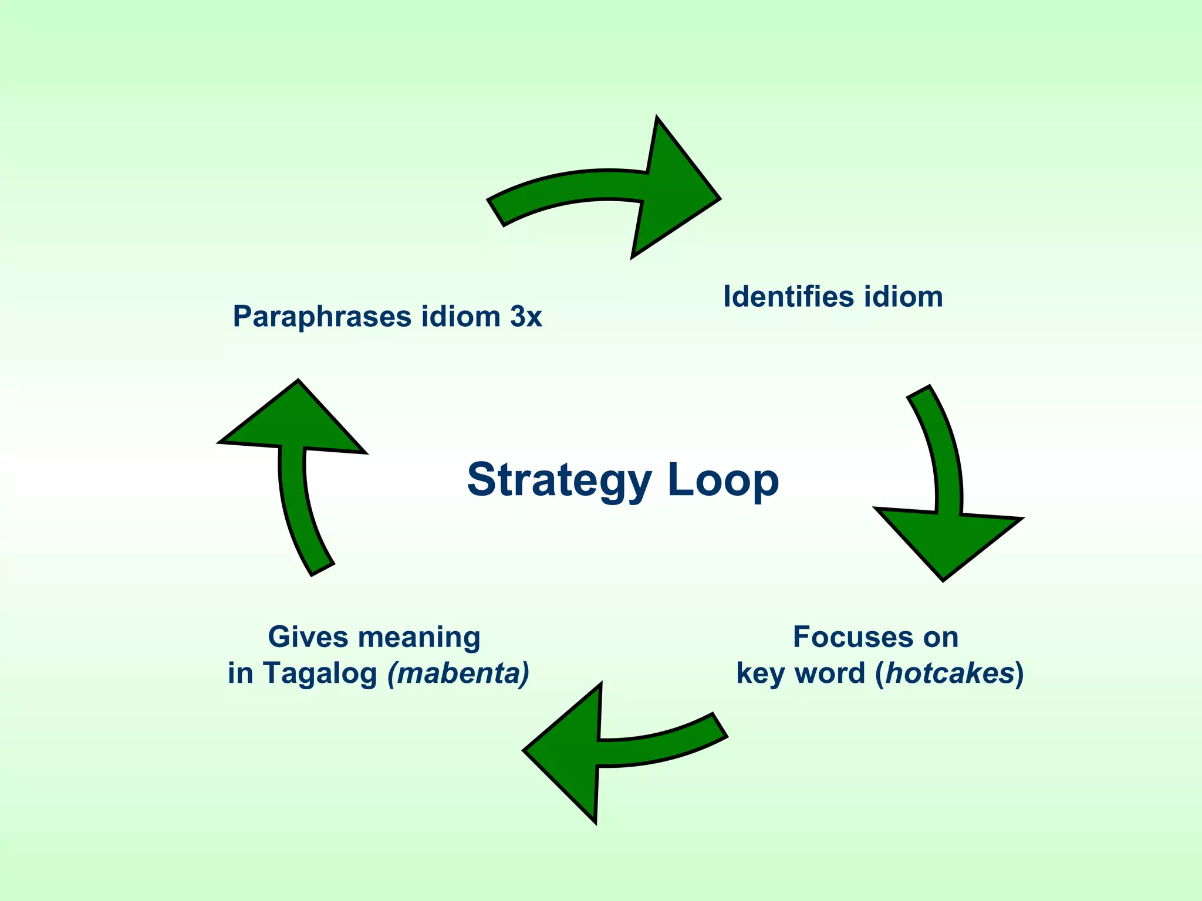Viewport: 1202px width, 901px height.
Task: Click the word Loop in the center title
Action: point(723,480)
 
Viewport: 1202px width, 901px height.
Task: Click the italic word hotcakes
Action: point(950,673)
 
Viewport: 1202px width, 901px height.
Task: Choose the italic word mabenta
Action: point(459,673)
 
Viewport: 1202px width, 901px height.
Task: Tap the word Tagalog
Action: point(320,674)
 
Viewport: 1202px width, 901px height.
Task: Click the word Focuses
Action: point(843,637)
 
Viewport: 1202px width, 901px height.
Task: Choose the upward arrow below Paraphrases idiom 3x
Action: point(293,458)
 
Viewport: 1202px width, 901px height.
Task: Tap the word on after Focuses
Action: point(940,637)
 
